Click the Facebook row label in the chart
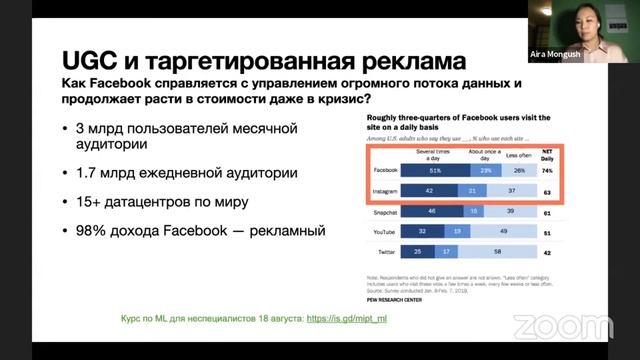[x=380, y=170]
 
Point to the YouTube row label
[x=380, y=231]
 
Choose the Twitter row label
[x=382, y=253]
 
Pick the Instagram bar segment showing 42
[x=427, y=190]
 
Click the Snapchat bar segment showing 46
[x=430, y=212]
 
